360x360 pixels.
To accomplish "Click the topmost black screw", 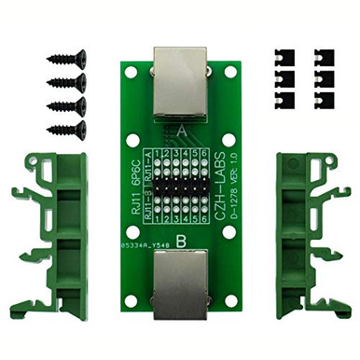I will [x=66, y=60].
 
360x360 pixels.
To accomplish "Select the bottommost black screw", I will [x=66, y=129].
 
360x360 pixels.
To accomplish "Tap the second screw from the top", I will [x=66, y=82].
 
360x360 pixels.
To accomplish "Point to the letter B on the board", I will [x=180, y=240].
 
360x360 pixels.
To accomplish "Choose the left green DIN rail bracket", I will [x=46, y=239].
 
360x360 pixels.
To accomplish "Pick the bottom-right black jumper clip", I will [x=324, y=97].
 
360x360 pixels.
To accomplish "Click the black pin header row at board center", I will [x=180, y=187].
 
